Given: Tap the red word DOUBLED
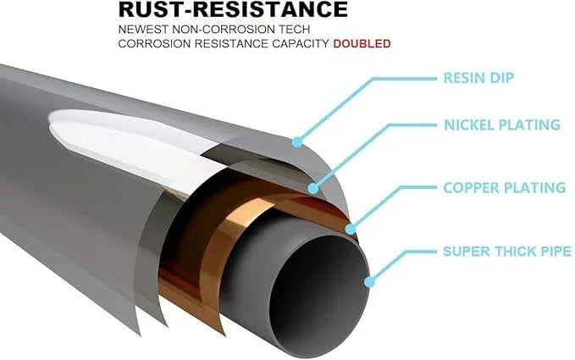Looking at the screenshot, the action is coord(362,44).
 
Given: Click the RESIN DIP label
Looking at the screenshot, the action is coord(478,78).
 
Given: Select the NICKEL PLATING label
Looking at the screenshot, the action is coord(502,125).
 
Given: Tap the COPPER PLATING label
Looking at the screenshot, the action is coord(505,187).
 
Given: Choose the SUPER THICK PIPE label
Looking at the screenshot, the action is coord(507,252).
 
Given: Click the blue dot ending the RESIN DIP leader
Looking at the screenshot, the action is coord(297,142).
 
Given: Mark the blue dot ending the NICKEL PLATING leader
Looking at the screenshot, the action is coord(313,188).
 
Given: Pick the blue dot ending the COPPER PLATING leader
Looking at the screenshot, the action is coord(351,229).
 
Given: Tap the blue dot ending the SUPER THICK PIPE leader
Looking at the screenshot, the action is coord(369,282).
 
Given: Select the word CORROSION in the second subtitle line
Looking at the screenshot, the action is coord(154,44).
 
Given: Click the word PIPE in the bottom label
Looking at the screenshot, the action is coord(556,252).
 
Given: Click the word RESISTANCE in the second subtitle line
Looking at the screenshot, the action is coord(231,44).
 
